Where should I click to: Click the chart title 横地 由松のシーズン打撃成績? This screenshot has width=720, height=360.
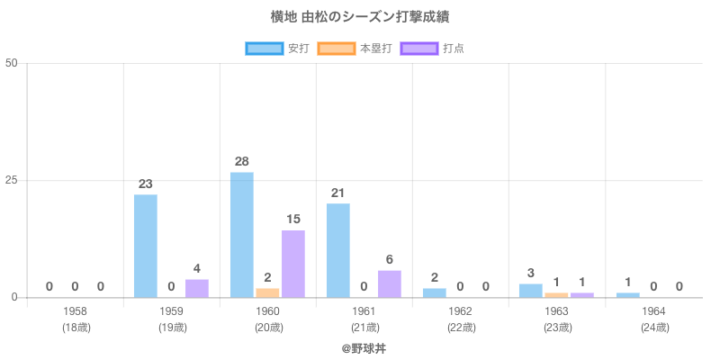point(360,17)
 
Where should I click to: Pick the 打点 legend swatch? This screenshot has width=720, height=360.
point(419,48)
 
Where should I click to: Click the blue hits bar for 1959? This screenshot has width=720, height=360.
point(146,246)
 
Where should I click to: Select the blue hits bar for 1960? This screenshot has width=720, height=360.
point(242,234)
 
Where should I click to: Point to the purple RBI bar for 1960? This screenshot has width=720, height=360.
point(293,264)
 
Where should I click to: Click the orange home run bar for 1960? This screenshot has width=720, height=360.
point(267,292)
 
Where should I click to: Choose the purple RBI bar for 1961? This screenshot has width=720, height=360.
point(390,283)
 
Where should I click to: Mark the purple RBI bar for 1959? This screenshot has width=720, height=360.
point(197,288)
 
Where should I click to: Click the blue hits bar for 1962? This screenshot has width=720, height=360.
point(435,292)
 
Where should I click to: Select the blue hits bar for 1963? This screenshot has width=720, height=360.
point(531,291)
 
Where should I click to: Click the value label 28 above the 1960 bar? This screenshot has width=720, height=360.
point(241,161)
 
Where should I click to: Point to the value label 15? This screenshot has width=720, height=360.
point(293,219)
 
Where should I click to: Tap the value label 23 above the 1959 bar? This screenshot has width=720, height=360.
point(146,184)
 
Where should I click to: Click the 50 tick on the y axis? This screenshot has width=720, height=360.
point(12,63)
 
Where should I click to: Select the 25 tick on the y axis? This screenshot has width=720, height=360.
point(12,180)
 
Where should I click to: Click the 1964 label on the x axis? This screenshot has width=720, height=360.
point(653,311)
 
